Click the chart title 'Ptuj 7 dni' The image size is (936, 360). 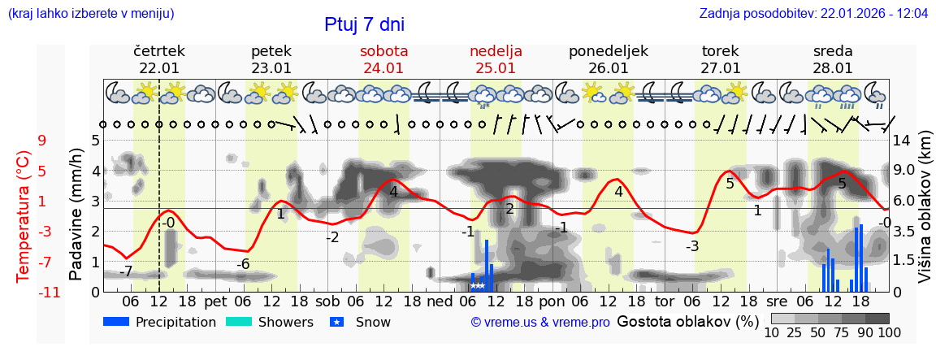pyautogui.click(x=364, y=24)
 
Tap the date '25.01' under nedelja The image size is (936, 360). pyautogui.click(x=496, y=68)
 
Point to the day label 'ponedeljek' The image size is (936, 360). pyautogui.click(x=609, y=51)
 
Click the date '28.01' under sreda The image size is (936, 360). pyautogui.click(x=833, y=68)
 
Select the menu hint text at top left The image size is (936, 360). pyautogui.click(x=90, y=14)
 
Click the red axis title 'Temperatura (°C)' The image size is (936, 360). pyautogui.click(x=24, y=215)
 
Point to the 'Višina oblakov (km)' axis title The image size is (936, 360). pyautogui.click(x=924, y=215)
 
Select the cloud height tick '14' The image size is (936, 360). pyautogui.click(x=903, y=140)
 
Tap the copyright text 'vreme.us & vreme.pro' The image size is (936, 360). pyautogui.click(x=539, y=323)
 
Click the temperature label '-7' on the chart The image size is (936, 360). pyautogui.click(x=125, y=271)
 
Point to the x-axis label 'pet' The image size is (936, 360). pyautogui.click(x=215, y=301)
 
